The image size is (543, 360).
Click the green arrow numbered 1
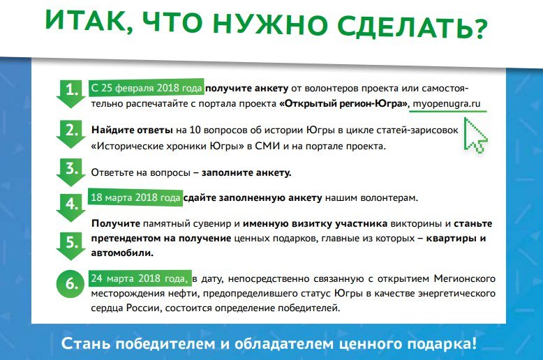(71, 93)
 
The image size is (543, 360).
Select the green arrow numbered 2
(71, 135)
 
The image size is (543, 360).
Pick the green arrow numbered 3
(71, 172)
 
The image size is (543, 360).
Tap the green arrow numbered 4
(71, 208)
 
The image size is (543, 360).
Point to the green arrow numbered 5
(71, 246)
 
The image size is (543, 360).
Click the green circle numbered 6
(70, 283)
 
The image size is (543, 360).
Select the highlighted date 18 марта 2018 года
(135, 197)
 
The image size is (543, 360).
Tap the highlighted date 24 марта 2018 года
(139, 278)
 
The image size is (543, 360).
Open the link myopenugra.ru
(447, 103)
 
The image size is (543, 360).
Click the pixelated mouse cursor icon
(475, 135)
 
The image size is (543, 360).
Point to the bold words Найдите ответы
(132, 130)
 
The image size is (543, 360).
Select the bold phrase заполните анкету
(246, 172)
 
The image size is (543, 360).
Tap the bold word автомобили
(122, 253)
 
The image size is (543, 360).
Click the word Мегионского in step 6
(464, 278)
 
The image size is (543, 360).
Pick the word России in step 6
(144, 308)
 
